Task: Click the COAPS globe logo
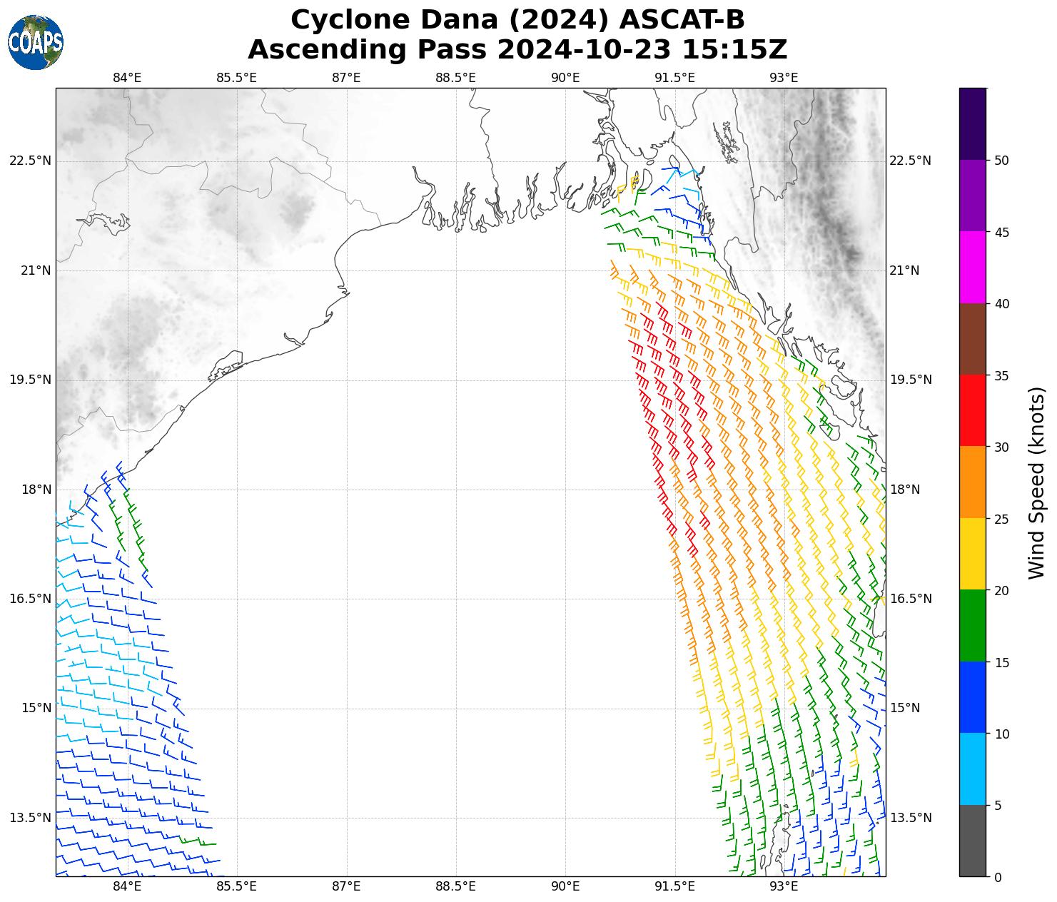pyautogui.click(x=36, y=43)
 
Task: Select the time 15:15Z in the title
pyautogui.click(x=734, y=50)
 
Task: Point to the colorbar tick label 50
pyautogui.click(x=1001, y=160)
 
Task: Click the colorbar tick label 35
pyautogui.click(x=1001, y=375)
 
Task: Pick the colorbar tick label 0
pyautogui.click(x=998, y=877)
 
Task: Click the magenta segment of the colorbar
pyautogui.click(x=973, y=267)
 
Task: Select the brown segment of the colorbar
pyautogui.click(x=973, y=339)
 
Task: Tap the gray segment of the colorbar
pyautogui.click(x=973, y=841)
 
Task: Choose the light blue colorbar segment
pyautogui.click(x=973, y=769)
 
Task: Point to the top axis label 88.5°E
pyautogui.click(x=455, y=77)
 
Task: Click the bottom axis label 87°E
pyautogui.click(x=346, y=887)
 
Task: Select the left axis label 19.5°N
pyautogui.click(x=30, y=380)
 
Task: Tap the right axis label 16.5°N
pyautogui.click(x=911, y=599)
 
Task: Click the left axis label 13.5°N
pyautogui.click(x=30, y=818)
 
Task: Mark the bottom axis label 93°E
pyautogui.click(x=784, y=887)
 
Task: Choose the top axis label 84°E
pyautogui.click(x=127, y=77)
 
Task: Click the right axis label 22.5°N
pyautogui.click(x=911, y=161)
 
